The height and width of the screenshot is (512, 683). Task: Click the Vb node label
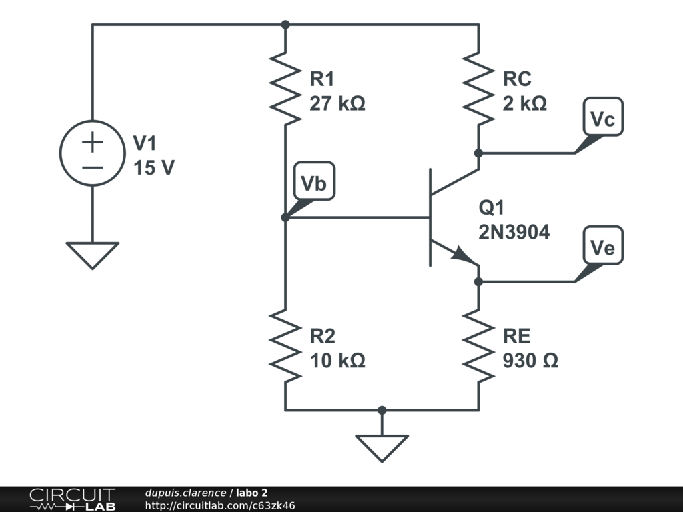(x=314, y=183)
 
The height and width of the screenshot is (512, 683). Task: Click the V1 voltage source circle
(x=93, y=153)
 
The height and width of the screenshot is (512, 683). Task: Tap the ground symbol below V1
(x=93, y=255)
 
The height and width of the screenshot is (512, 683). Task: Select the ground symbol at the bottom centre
(x=382, y=448)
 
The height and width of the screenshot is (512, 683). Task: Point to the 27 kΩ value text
(x=337, y=104)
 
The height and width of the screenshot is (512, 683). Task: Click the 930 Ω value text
(x=530, y=361)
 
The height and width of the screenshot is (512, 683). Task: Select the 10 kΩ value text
(x=337, y=361)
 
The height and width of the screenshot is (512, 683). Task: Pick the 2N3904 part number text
(x=514, y=232)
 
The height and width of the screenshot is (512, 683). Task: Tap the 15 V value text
(x=153, y=167)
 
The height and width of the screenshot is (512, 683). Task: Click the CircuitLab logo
(x=72, y=499)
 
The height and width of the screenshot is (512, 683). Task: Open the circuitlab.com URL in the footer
(x=220, y=506)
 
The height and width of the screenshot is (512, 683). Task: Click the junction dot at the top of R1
(x=285, y=25)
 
